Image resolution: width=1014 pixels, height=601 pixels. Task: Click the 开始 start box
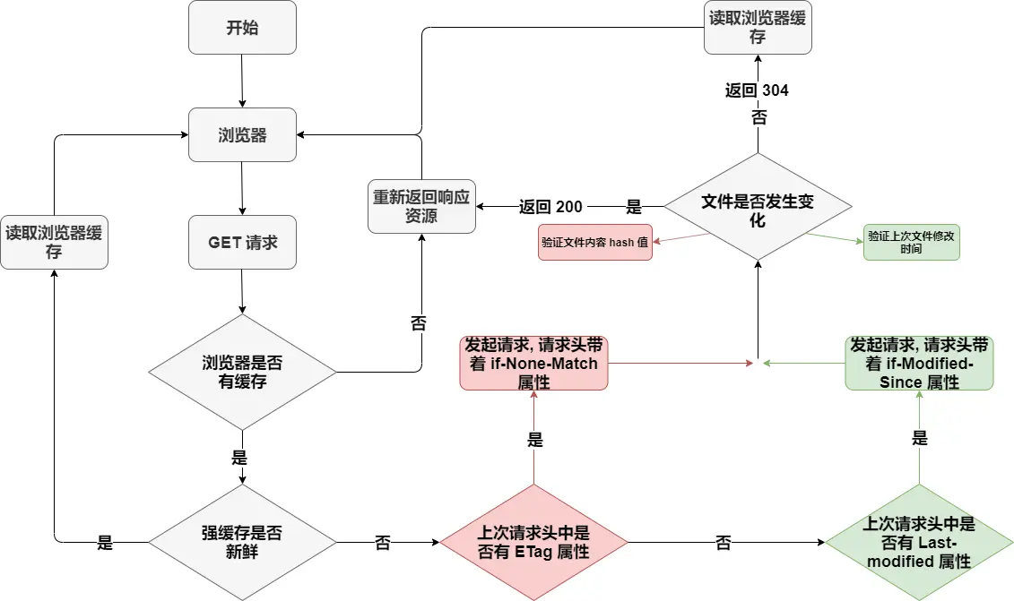point(242,27)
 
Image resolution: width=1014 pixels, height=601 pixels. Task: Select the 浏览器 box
point(242,135)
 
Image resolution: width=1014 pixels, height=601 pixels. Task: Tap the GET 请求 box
point(242,242)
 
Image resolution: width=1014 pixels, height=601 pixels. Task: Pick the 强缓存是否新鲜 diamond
point(242,542)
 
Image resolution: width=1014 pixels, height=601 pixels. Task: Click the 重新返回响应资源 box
point(421,206)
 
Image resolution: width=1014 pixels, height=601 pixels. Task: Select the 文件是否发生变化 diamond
point(758,207)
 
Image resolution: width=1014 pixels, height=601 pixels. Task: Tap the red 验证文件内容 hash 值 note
point(594,243)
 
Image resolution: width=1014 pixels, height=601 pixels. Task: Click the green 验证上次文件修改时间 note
point(911,243)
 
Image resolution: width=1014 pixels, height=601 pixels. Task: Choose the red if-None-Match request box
point(533,363)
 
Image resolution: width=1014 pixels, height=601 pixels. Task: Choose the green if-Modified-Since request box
point(919,363)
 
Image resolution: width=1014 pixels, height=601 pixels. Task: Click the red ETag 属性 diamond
point(533,542)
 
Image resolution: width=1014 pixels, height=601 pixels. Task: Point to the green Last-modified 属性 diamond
point(919,542)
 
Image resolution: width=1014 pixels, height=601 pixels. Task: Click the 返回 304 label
point(757,90)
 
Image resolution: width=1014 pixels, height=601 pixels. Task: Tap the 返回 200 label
point(550,207)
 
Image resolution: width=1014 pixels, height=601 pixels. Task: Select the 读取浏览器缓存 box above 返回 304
point(758,27)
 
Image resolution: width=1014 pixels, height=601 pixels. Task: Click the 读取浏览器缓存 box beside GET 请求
point(54,242)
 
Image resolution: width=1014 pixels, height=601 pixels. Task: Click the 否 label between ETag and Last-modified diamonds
point(723,543)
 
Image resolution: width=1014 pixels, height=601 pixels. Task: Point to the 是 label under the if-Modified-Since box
point(919,438)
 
